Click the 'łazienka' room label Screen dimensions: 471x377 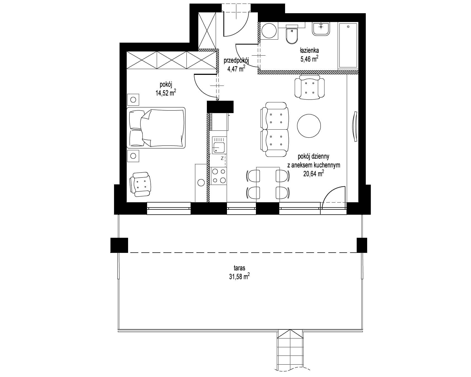309,50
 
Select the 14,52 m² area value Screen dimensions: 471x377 166,93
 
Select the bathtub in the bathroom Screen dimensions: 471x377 348,45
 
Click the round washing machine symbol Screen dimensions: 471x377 269,31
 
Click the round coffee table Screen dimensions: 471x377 309,126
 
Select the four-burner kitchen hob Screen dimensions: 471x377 218,176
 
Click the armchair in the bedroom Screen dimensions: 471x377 141,184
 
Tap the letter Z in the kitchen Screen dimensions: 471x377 222,158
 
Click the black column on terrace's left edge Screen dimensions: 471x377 119,245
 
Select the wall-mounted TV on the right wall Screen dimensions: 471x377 355,126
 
